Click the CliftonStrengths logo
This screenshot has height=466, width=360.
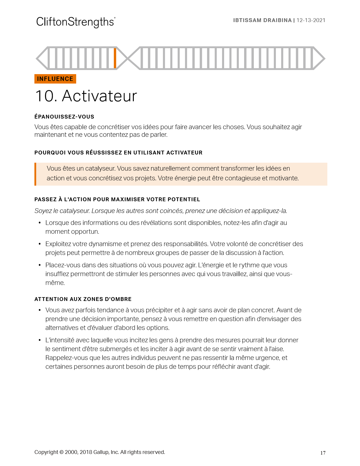coord(76,22)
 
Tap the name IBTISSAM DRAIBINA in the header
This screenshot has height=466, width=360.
coord(262,20)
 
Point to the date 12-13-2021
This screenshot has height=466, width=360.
coord(311,20)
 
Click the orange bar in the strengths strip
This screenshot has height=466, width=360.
coord(115,58)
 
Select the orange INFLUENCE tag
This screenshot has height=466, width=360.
coord(55,79)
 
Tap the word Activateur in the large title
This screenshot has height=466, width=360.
coord(99,96)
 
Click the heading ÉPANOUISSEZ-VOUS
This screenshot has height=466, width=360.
coord(64,117)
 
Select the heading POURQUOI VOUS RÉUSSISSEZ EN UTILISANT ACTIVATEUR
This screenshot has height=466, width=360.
coord(118,153)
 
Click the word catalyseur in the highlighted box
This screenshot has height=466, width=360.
coord(100,169)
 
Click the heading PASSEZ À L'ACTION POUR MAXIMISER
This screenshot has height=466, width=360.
coord(117,199)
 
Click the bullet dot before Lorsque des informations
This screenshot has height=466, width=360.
coord(39,223)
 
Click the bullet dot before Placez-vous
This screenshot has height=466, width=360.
coord(39,265)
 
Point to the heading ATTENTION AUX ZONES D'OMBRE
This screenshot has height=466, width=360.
coord(83,299)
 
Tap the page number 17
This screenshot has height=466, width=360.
coord(323,453)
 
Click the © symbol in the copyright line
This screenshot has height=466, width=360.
coord(61,452)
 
